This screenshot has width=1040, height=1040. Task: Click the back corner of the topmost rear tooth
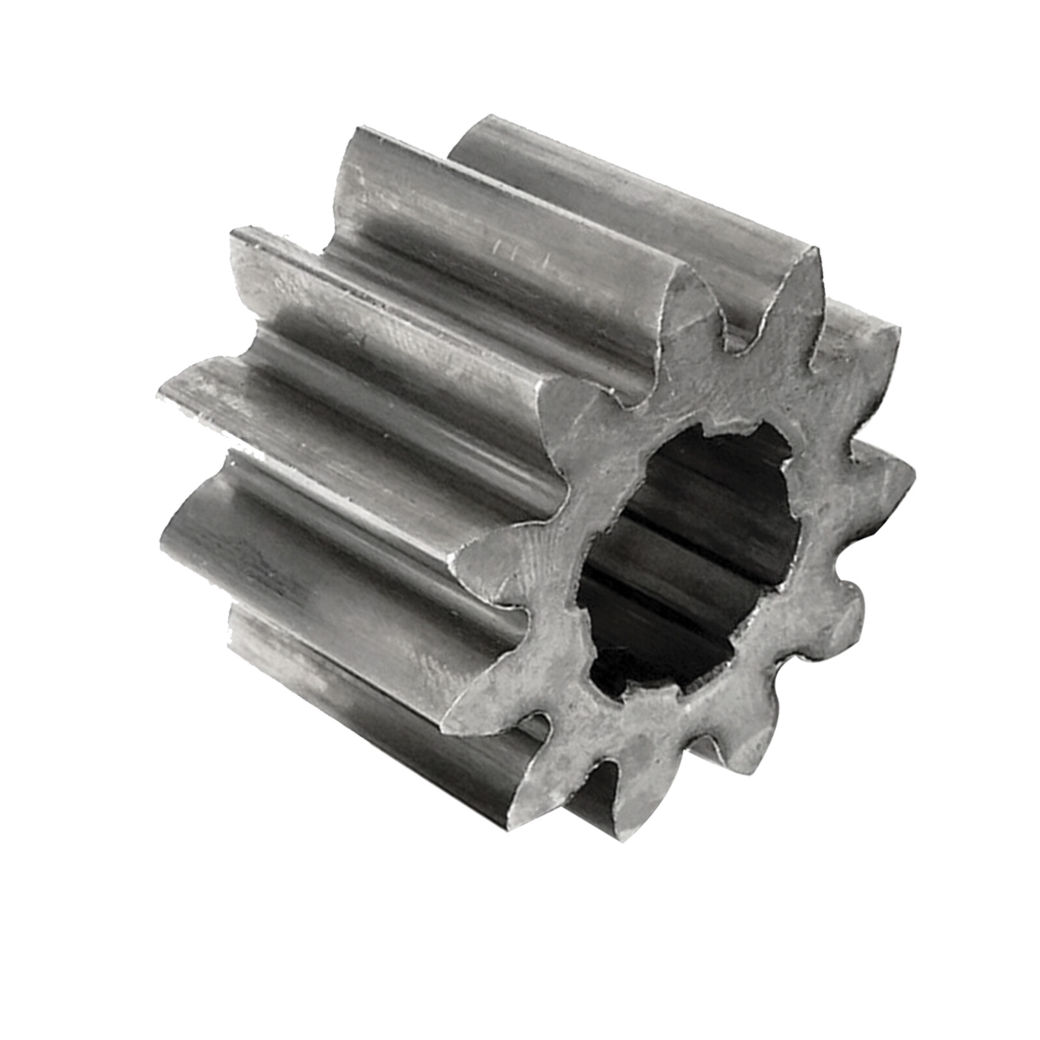pos(484,123)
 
